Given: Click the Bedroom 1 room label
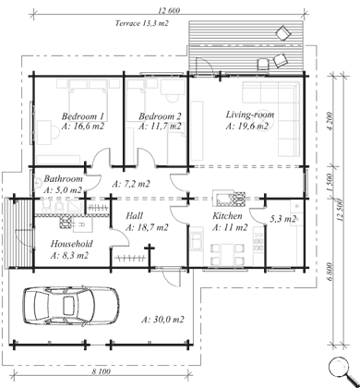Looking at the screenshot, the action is [83, 116].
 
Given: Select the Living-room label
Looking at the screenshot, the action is [250, 115].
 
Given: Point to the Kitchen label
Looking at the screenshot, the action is [227, 215].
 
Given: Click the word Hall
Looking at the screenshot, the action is [134, 215].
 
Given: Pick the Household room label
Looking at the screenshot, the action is [71, 244].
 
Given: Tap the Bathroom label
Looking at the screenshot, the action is [63, 178].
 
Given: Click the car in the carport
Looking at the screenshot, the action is [71, 305].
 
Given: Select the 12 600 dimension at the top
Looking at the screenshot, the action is [169, 10].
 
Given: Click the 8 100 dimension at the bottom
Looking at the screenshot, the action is [102, 371].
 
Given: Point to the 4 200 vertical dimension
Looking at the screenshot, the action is [330, 121].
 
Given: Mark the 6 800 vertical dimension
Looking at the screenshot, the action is [330, 272].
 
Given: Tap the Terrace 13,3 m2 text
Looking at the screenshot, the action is [142, 23].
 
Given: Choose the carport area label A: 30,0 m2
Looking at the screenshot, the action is [162, 320].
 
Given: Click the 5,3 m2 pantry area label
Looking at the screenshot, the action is [283, 219].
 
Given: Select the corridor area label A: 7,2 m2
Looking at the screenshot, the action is [131, 184].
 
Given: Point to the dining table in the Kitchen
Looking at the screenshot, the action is [228, 254].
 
